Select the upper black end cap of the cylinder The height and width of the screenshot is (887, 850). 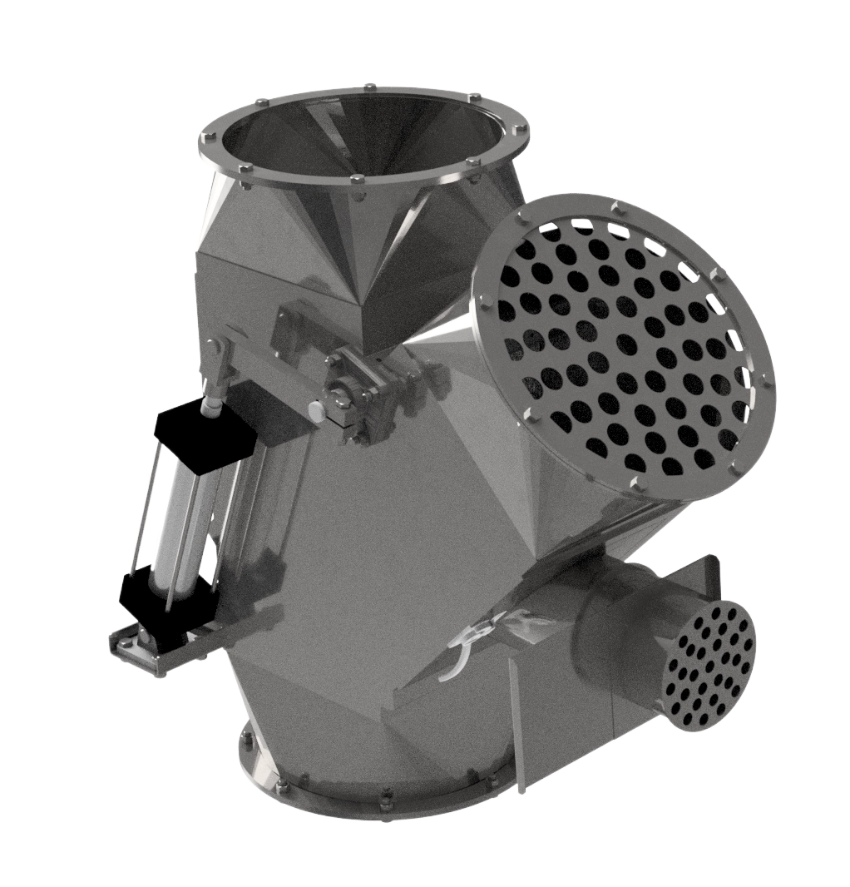(x=204, y=433)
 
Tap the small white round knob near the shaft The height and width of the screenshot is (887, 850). (x=316, y=410)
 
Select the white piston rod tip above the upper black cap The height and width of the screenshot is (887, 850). (x=212, y=405)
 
